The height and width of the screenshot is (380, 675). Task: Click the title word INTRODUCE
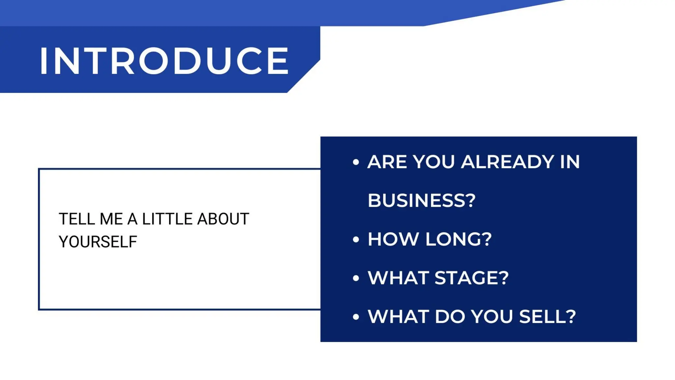click(x=164, y=61)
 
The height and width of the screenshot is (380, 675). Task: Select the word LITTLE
click(x=167, y=219)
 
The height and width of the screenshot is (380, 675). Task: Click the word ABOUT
click(x=223, y=219)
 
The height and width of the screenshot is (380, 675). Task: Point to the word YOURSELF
click(x=98, y=242)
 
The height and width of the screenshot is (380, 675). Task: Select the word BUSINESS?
click(x=422, y=200)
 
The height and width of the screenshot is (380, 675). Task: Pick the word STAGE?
click(x=472, y=278)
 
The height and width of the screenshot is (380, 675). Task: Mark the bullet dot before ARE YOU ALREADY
click(x=356, y=162)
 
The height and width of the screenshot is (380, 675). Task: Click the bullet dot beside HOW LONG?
click(x=356, y=239)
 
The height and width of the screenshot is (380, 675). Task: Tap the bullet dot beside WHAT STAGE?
click(x=356, y=278)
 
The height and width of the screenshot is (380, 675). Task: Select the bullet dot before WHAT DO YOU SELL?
click(x=356, y=317)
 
